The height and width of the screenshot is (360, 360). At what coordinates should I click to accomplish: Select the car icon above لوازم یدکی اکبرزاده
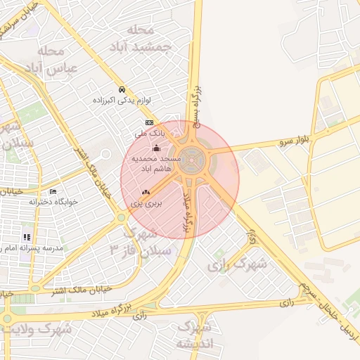pos(122,90)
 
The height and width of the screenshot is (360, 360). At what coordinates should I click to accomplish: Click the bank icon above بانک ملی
pos(149,122)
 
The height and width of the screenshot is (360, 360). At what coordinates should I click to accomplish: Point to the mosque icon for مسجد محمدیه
pos(156,148)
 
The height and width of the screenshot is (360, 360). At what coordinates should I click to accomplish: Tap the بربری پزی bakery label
pos(146,202)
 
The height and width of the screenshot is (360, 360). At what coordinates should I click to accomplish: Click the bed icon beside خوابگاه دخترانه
pos(53,192)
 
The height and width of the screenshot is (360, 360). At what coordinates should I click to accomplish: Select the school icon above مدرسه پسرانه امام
pos(26,237)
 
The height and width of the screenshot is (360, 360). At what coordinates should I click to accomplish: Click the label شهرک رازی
pos(238,264)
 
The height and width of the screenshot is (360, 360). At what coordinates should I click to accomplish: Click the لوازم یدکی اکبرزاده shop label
pos(123,101)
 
